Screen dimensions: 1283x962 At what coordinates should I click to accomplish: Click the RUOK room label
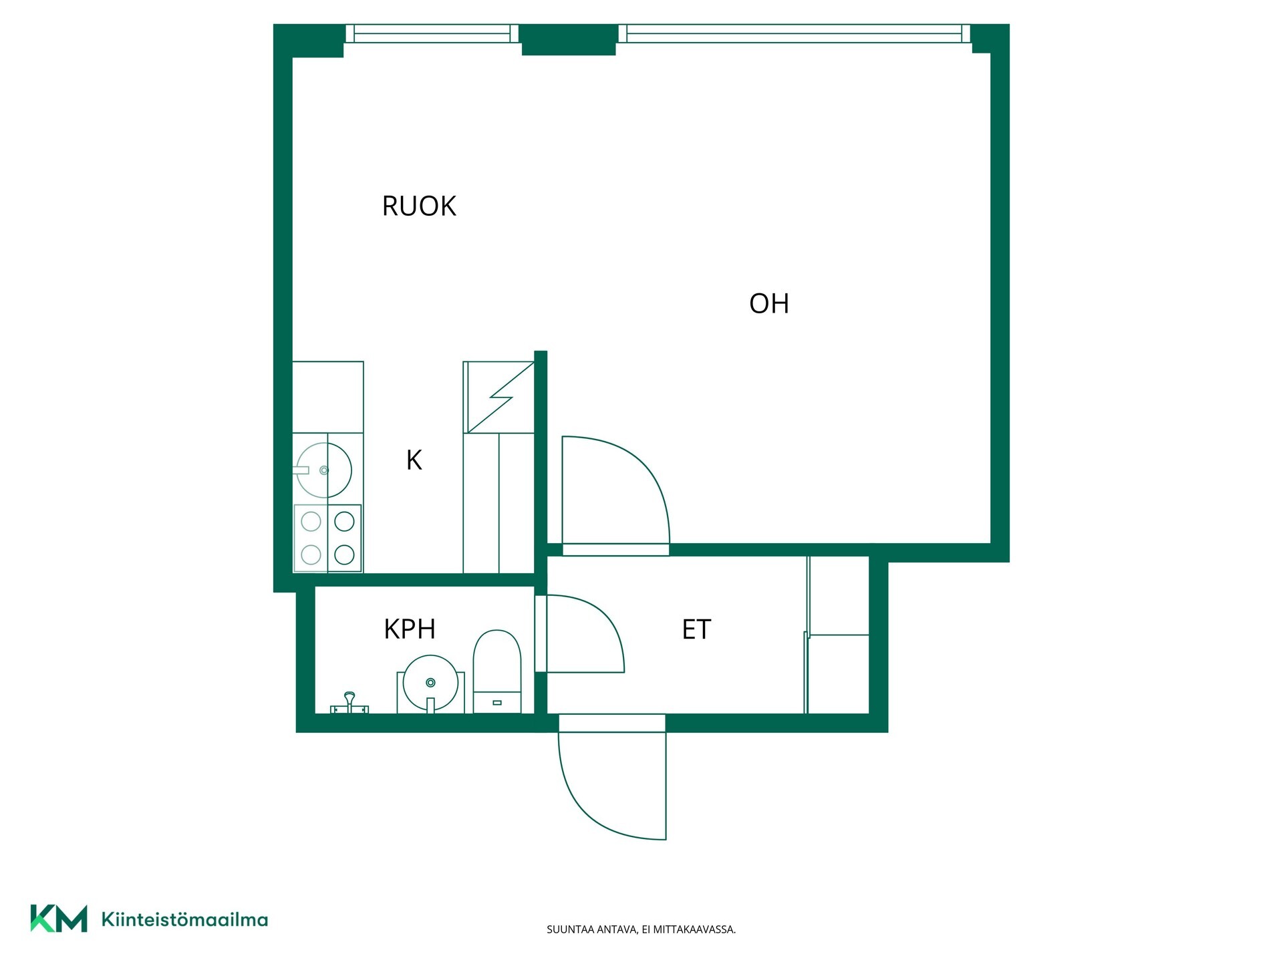click(x=419, y=206)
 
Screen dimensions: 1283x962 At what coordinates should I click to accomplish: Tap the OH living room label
click(x=769, y=303)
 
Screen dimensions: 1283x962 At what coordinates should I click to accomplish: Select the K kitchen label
click(x=414, y=460)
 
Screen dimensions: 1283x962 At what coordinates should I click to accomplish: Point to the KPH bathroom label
click(x=410, y=629)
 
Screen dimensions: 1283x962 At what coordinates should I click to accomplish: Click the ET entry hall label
click(x=696, y=629)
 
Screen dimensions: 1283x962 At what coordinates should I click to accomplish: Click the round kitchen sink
click(x=324, y=470)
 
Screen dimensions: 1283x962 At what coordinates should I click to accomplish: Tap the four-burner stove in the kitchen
click(x=327, y=538)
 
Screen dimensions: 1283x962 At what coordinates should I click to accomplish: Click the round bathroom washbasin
click(x=431, y=683)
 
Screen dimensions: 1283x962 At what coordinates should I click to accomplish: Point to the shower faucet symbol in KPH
click(x=349, y=703)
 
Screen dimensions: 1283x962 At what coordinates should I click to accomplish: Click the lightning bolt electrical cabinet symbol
click(x=499, y=397)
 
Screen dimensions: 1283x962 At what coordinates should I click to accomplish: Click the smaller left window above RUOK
click(x=432, y=33)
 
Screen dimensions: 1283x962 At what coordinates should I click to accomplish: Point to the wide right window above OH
click(x=795, y=33)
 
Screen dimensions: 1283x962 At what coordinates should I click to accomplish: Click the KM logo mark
click(x=59, y=918)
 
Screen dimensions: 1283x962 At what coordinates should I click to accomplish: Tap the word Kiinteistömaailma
click(x=184, y=919)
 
